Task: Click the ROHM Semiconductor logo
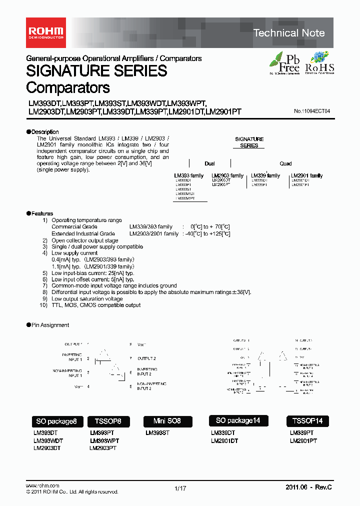click(x=45, y=32)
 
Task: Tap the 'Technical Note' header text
click(x=289, y=33)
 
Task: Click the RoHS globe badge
click(x=319, y=63)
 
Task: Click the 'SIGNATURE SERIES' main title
click(x=96, y=71)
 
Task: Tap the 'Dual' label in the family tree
click(x=209, y=163)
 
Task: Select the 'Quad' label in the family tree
click(x=285, y=163)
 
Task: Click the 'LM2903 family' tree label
click(x=227, y=175)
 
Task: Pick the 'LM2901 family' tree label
click(x=307, y=175)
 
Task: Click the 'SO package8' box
click(x=56, y=421)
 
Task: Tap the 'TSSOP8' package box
click(x=104, y=421)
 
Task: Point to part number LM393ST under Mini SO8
click(x=157, y=433)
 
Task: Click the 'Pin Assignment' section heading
click(x=50, y=325)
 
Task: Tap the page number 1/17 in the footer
click(x=180, y=488)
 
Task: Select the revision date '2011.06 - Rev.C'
click(x=308, y=487)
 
